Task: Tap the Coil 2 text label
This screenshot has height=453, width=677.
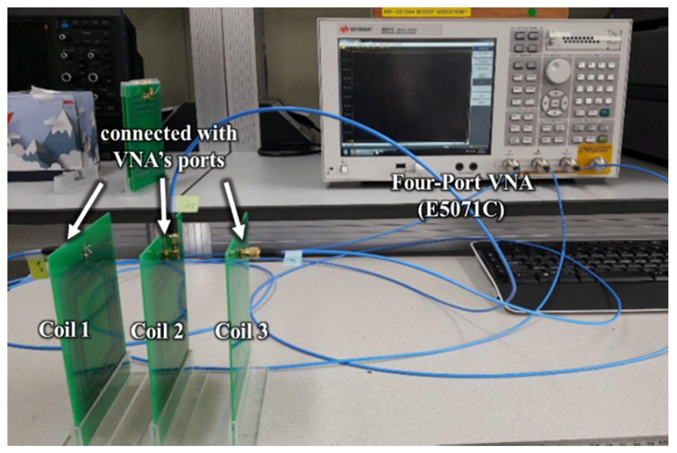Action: pos(157,331)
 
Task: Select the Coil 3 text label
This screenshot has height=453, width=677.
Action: pos(241,331)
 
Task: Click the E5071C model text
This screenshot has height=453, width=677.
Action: pos(461,210)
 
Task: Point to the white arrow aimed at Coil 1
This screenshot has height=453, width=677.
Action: pos(85,211)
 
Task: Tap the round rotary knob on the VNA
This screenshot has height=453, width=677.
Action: pos(558,70)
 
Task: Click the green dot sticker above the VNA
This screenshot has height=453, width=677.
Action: pos(532,13)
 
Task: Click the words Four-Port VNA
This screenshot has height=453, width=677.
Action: pos(462,183)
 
